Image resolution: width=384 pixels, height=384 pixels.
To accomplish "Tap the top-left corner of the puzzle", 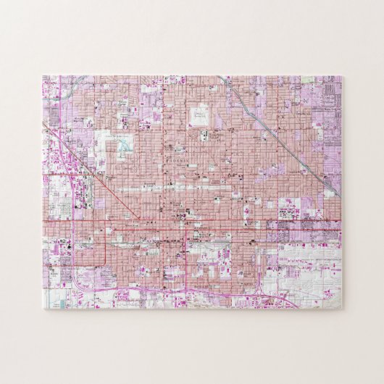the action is (43, 76).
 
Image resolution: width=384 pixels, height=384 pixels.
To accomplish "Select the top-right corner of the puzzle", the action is (342, 76).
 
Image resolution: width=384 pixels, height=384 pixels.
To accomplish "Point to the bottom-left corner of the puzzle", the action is (43, 309).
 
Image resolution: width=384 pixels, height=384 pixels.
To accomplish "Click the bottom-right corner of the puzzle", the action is (342, 309).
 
